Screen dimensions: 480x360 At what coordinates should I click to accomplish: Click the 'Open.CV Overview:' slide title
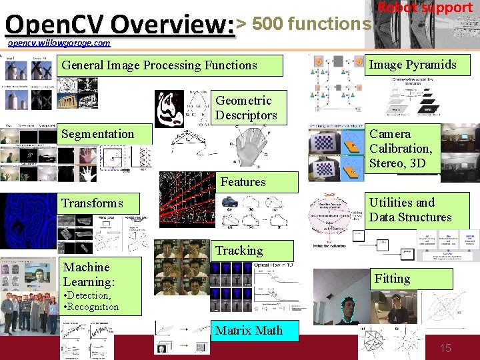pyautogui.click(x=120, y=25)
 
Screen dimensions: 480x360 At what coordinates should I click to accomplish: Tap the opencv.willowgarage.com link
pyautogui.click(x=59, y=43)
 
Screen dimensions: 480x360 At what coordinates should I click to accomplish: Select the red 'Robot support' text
pyautogui.click(x=425, y=7)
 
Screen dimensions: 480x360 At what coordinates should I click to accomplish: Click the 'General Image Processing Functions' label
pyautogui.click(x=159, y=65)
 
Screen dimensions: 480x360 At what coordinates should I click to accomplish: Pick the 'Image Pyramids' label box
pyautogui.click(x=413, y=65)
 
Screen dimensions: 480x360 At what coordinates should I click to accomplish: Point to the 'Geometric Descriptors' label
pyautogui.click(x=245, y=107)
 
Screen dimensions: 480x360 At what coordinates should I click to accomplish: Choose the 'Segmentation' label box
pyautogui.click(x=97, y=134)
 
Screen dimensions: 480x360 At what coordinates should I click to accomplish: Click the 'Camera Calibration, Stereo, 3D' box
pyautogui.click(x=401, y=148)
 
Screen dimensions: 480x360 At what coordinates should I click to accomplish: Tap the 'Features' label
pyautogui.click(x=243, y=181)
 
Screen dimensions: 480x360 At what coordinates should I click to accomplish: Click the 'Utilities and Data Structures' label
pyautogui.click(x=410, y=210)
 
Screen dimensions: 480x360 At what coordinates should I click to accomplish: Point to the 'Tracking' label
pyautogui.click(x=239, y=251)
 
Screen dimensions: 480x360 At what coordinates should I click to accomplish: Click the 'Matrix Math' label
pyautogui.click(x=249, y=331)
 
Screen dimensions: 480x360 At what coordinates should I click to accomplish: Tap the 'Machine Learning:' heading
pyautogui.click(x=87, y=274)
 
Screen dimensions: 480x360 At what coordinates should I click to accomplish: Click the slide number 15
pyautogui.click(x=445, y=348)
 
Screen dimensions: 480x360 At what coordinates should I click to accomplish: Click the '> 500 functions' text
pyautogui.click(x=304, y=24)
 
